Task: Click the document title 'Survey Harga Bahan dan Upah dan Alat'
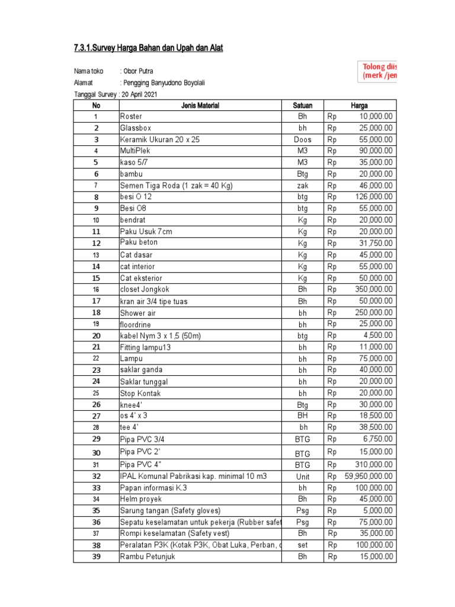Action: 148,47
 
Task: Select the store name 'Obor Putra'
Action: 138,71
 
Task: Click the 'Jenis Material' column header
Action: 200,106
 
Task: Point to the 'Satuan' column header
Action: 303,106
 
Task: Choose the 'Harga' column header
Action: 359,106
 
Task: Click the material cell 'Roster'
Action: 131,117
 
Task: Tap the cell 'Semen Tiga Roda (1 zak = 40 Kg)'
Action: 176,186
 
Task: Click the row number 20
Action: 96,336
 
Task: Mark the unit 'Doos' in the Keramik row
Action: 303,140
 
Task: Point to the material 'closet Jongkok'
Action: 145,289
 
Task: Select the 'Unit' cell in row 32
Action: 303,476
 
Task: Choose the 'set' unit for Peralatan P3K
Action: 303,545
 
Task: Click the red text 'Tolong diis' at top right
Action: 379,66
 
